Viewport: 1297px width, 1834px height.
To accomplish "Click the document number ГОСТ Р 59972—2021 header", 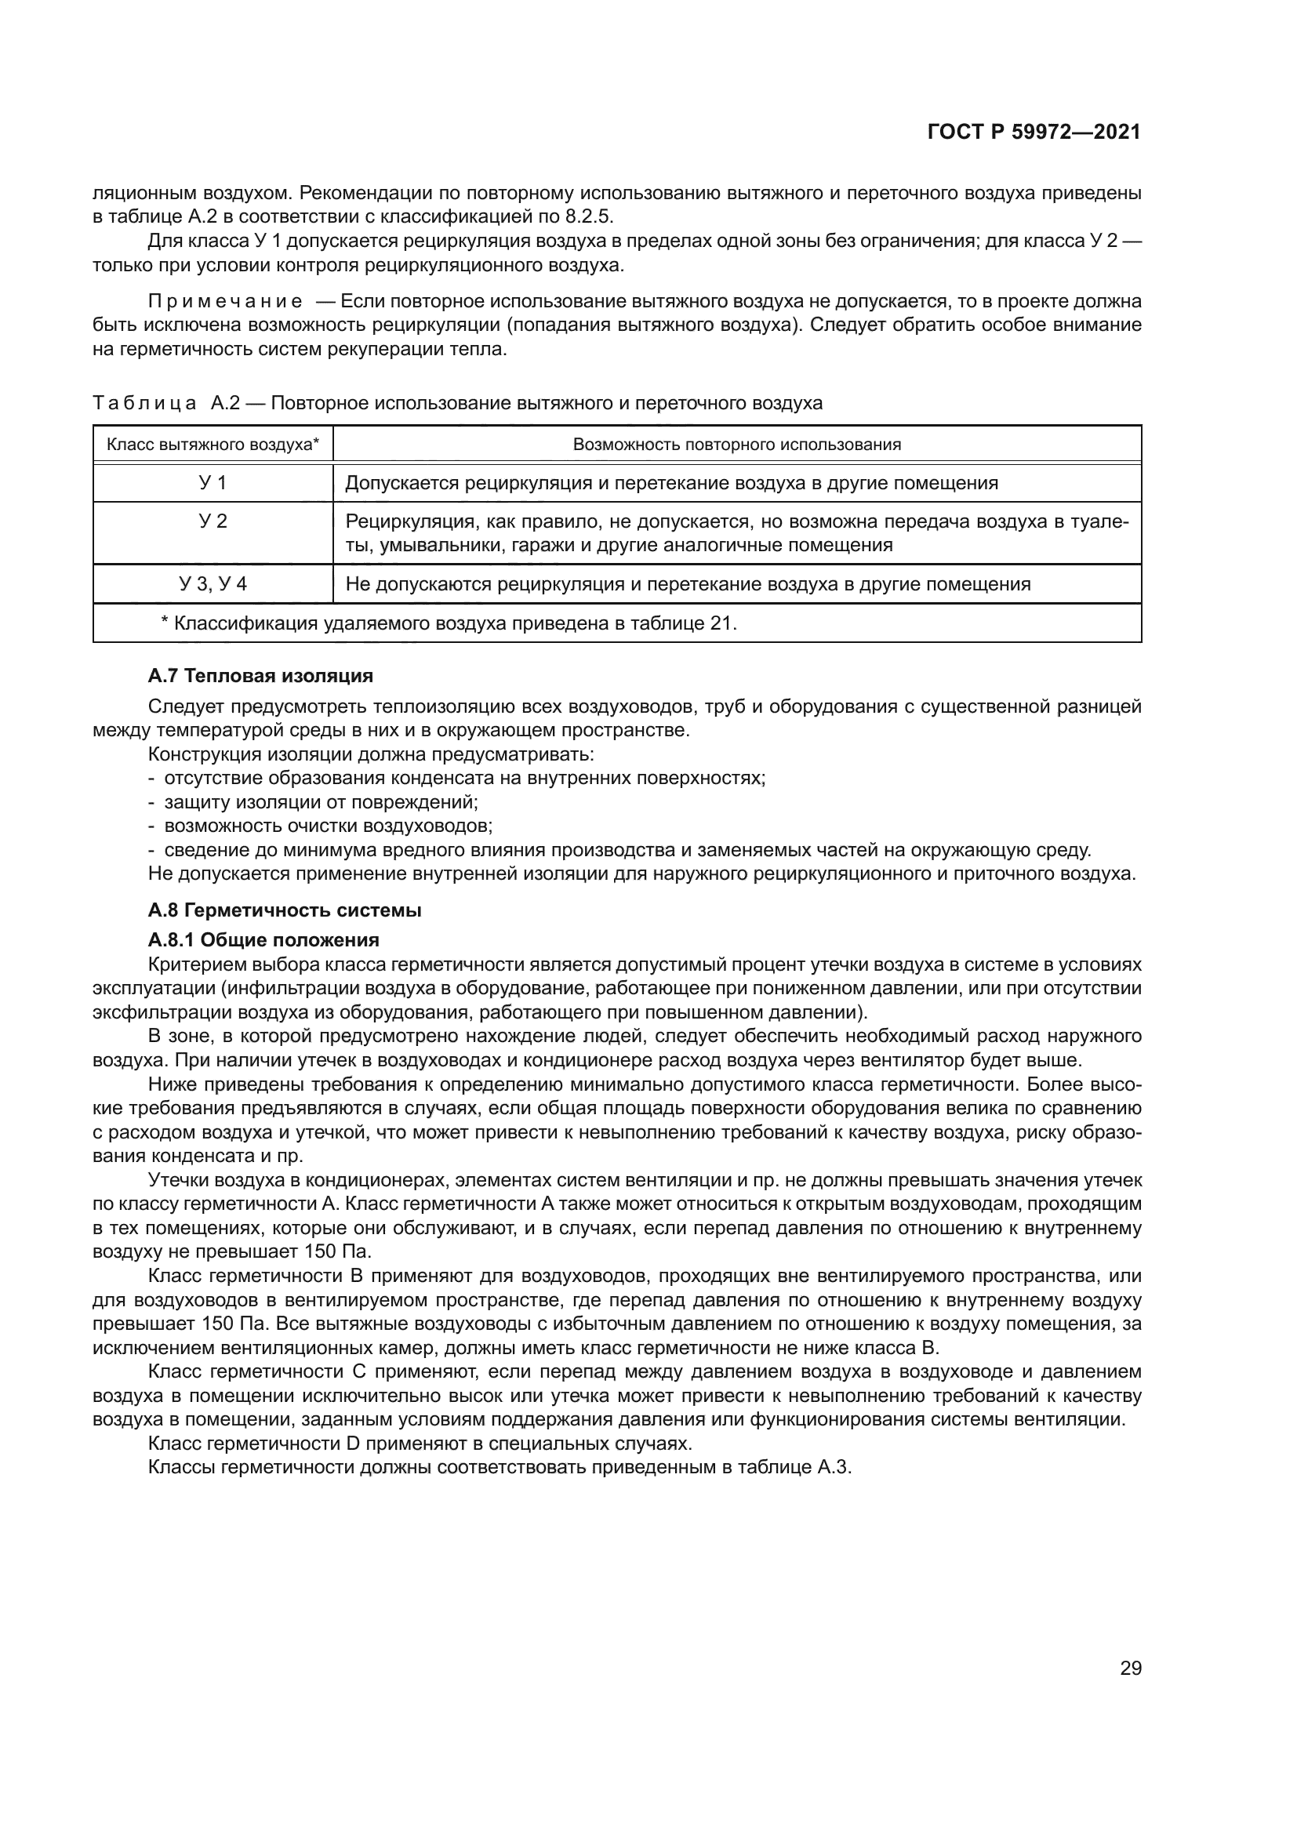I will click(x=1034, y=133).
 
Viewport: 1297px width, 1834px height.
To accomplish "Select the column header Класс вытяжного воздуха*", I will click(x=213, y=444).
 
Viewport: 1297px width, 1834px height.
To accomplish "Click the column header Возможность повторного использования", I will click(x=736, y=444).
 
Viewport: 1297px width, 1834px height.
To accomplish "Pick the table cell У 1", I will click(x=213, y=482).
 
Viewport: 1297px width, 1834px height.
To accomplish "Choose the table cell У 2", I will click(x=213, y=521).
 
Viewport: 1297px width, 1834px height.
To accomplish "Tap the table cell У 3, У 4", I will click(x=213, y=584).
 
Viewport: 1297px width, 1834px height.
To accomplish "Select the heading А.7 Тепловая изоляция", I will click(x=260, y=676).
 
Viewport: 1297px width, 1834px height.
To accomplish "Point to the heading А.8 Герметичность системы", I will click(x=285, y=910).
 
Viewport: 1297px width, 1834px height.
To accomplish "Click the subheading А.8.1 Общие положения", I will click(x=263, y=939).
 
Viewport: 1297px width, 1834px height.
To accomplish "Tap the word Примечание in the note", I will click(x=225, y=301).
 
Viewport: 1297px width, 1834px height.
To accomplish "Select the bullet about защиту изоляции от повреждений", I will click(x=320, y=802).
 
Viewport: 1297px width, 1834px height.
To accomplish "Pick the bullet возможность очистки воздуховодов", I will click(x=328, y=825).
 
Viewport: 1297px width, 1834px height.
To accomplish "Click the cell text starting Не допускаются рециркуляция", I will click(x=688, y=584).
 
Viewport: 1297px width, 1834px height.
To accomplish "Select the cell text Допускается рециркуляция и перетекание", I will click(x=671, y=482).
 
